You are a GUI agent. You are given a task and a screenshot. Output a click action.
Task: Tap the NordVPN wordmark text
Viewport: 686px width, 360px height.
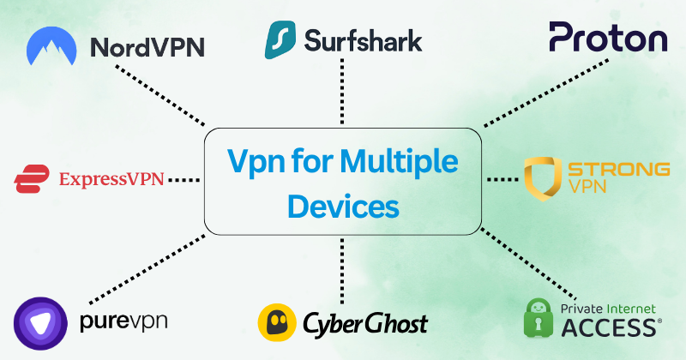pos(147,46)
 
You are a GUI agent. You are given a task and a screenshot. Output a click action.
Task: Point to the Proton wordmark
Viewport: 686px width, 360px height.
pos(608,39)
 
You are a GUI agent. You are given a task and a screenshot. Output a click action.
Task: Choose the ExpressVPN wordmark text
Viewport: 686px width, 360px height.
pos(111,180)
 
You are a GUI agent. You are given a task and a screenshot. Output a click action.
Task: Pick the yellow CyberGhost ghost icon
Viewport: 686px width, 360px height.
pos(278,322)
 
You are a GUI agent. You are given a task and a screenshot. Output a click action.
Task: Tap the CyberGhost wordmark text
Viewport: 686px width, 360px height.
pos(365,323)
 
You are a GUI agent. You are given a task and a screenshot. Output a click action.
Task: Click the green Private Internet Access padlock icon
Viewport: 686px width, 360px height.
pos(542,317)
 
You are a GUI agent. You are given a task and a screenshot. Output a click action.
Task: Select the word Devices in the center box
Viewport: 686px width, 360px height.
pos(343,206)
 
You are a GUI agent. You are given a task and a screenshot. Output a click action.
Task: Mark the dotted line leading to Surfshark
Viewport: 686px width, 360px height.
pos(343,94)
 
